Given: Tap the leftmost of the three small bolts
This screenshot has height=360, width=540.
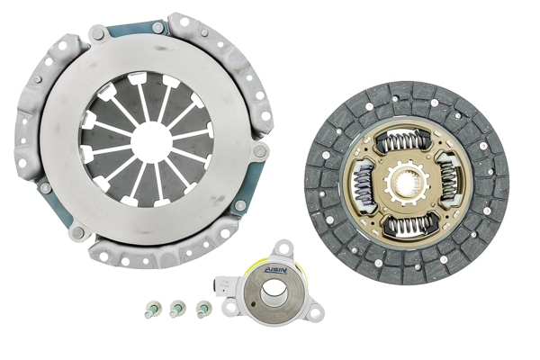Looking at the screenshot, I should pyautogui.click(x=150, y=310).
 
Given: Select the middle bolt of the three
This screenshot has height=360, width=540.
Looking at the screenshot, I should pyautogui.click(x=175, y=309).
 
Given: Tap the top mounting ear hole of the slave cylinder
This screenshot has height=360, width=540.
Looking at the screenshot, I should pyautogui.click(x=283, y=247).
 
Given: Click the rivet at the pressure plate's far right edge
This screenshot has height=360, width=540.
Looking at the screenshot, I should pyautogui.click(x=259, y=152).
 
